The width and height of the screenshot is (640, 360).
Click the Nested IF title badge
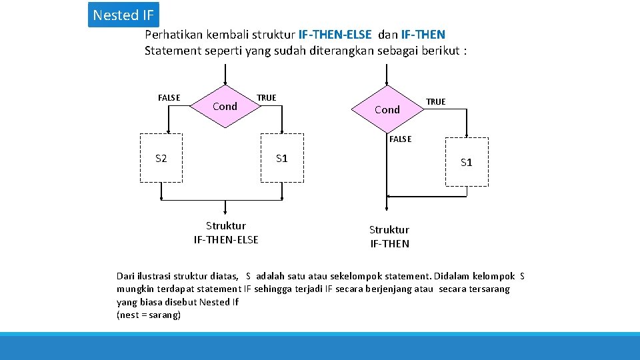click(x=123, y=15)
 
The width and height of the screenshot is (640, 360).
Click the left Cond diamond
click(x=225, y=106)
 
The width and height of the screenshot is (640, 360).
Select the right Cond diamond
click(x=387, y=109)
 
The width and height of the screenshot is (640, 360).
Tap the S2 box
click(x=161, y=158)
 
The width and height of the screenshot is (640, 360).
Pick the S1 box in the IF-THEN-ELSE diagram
click(x=282, y=158)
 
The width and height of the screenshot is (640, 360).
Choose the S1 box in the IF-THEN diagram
click(x=466, y=162)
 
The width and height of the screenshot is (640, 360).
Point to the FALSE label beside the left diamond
click(x=169, y=98)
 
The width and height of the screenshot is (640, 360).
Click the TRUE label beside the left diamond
click(x=266, y=98)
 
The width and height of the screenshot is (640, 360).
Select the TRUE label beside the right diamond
click(x=435, y=102)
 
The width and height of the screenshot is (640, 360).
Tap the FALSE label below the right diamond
click(x=400, y=139)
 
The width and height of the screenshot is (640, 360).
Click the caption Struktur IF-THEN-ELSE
click(x=226, y=233)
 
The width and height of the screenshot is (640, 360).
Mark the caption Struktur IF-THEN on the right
click(x=389, y=237)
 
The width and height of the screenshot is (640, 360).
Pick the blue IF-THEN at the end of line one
click(x=423, y=34)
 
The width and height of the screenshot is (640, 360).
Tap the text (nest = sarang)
click(x=149, y=315)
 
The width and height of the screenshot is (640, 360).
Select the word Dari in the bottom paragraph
click(x=126, y=275)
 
